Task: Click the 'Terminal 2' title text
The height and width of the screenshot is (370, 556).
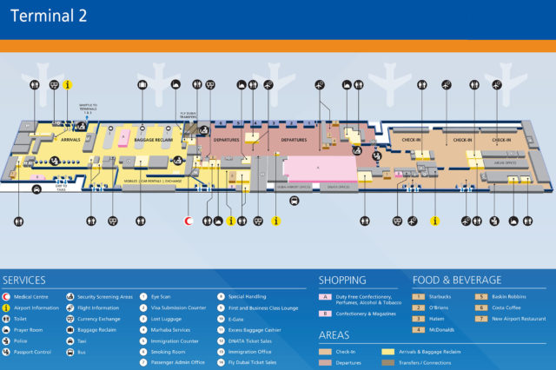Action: tap(49, 17)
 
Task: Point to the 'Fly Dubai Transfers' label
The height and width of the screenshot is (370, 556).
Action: tap(190, 115)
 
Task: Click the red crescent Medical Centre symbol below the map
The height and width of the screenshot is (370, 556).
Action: tap(189, 221)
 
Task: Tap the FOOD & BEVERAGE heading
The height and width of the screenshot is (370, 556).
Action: tap(457, 281)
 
